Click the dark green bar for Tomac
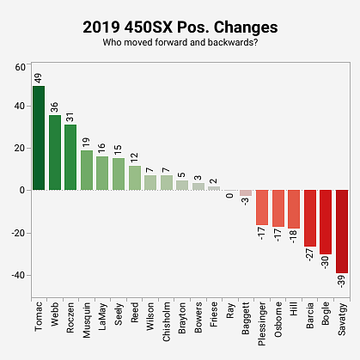39,138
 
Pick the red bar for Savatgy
342,231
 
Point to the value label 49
39,78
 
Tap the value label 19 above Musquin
86,141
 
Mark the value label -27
310,258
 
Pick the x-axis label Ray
230,311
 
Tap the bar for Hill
294,209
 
